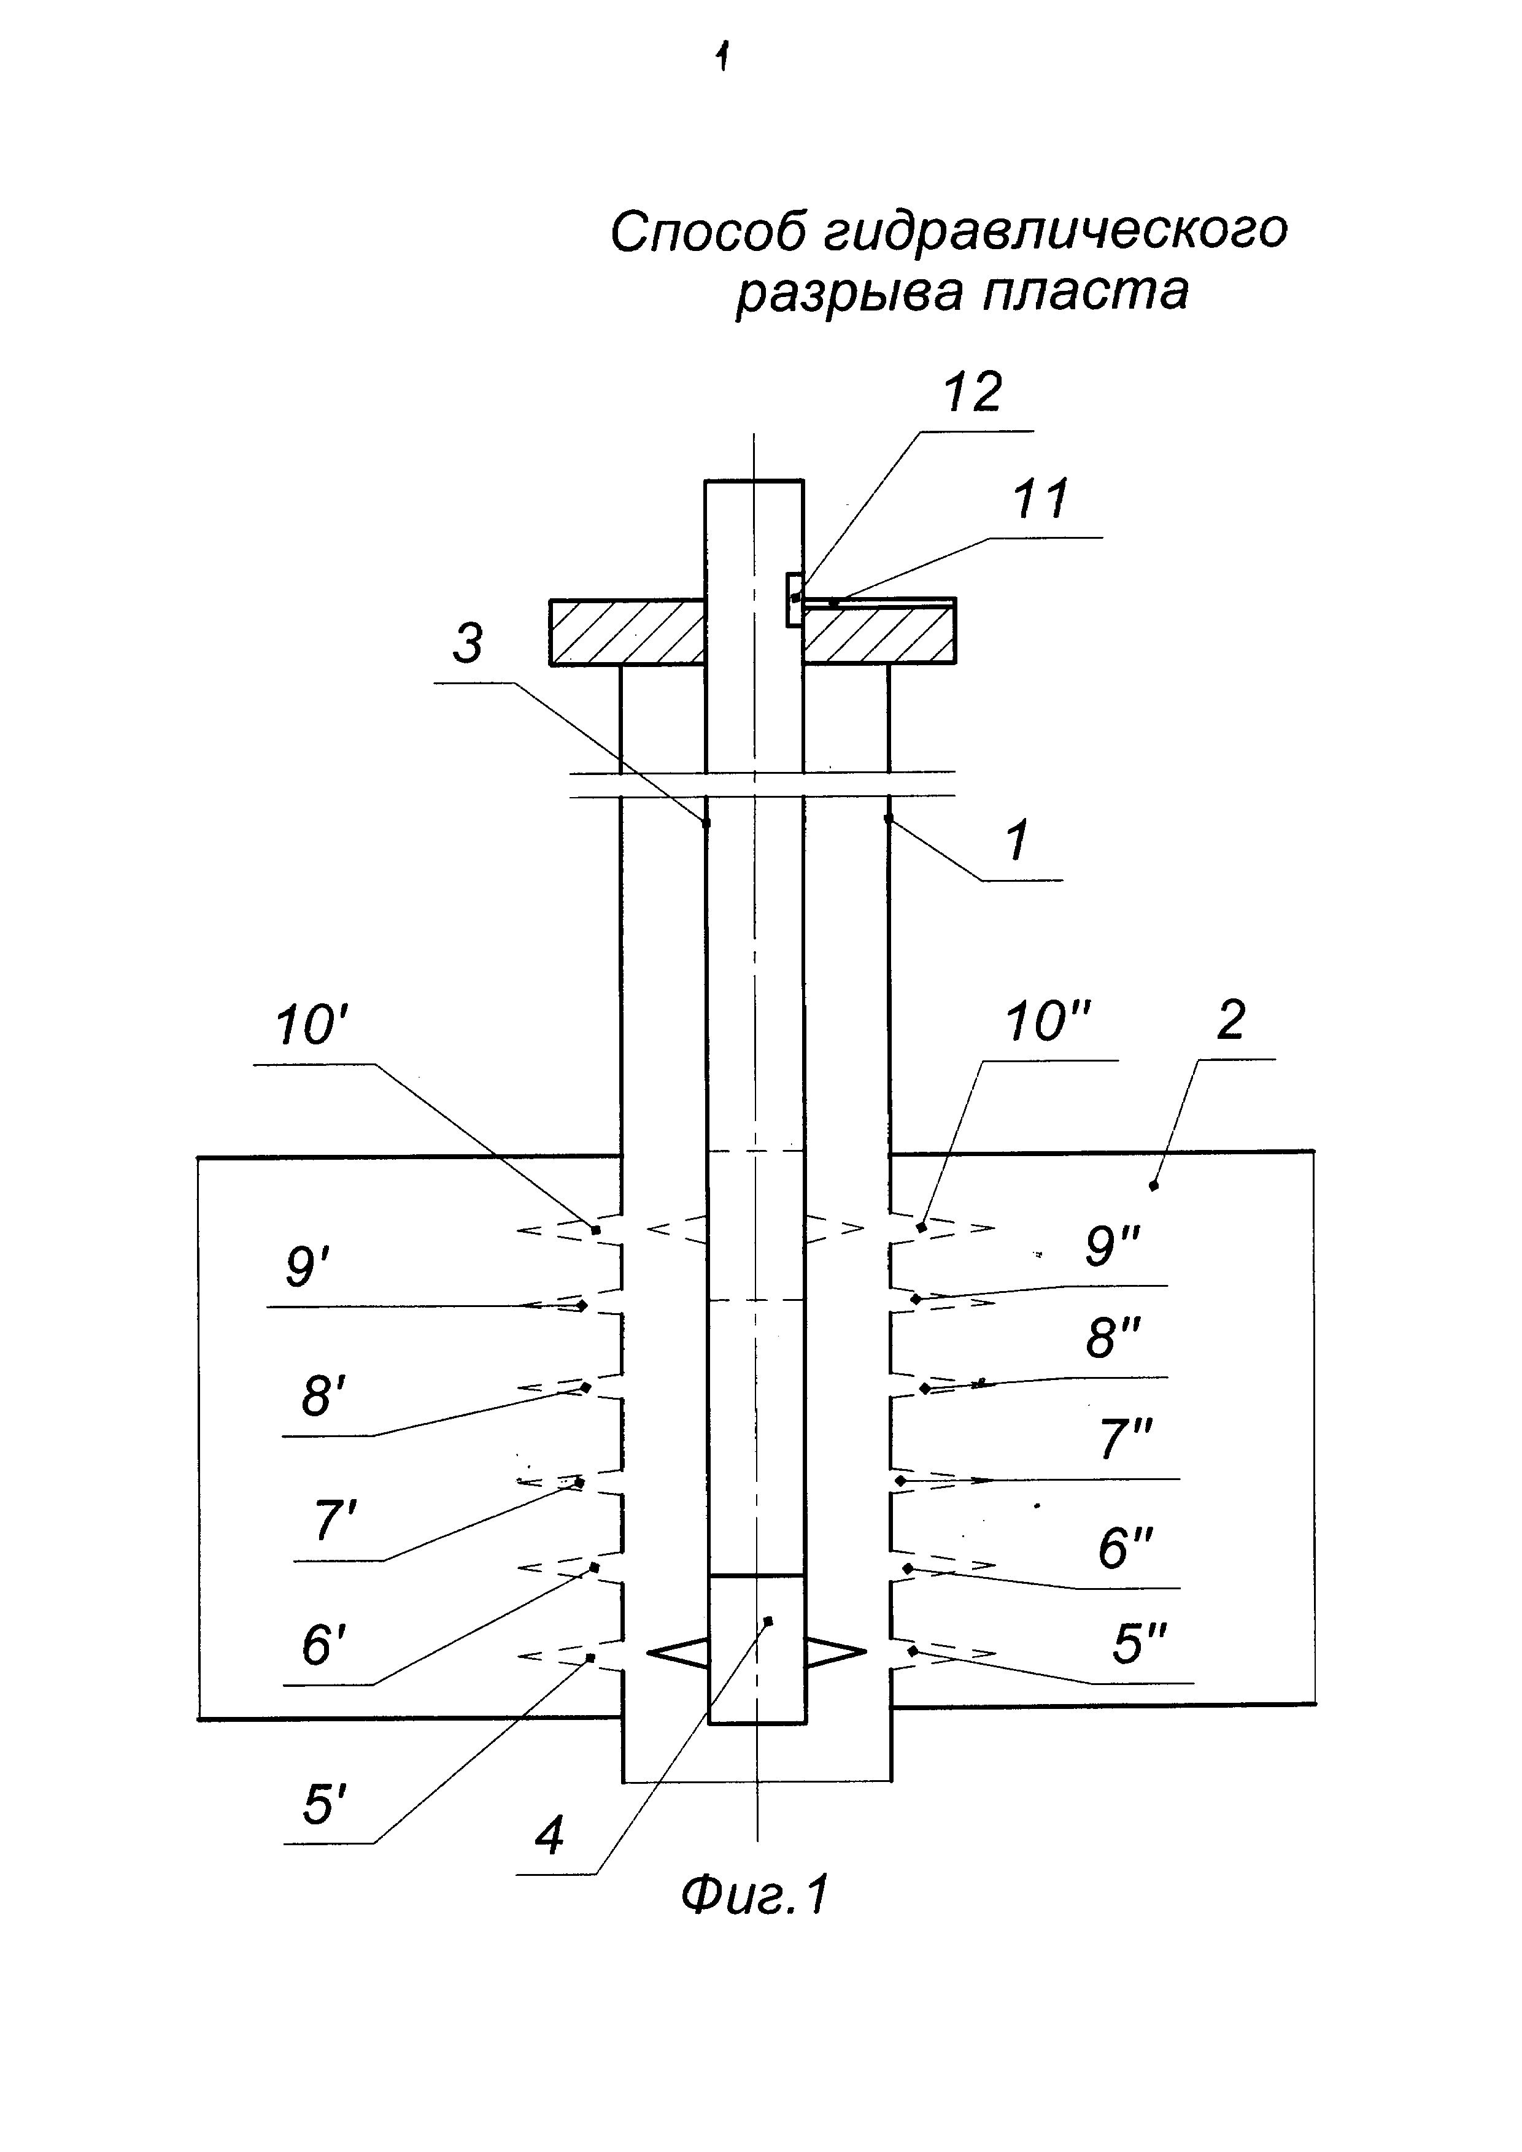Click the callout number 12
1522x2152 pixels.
pyautogui.click(x=972, y=391)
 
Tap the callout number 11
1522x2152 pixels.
pyautogui.click(x=1040, y=499)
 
